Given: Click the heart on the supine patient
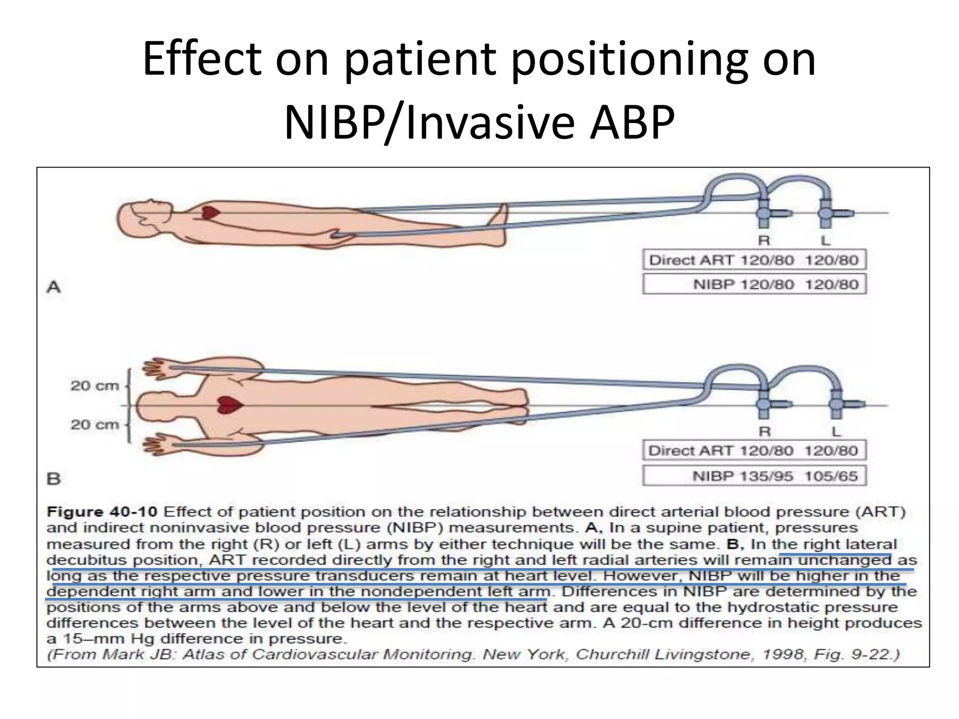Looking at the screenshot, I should click(210, 213).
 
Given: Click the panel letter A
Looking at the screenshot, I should click(54, 286).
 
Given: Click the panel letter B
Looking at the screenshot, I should click(54, 479).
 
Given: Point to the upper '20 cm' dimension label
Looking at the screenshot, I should click(95, 386).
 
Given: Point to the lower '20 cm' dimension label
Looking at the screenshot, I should click(95, 425).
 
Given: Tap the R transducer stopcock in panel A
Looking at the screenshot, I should click(763, 213).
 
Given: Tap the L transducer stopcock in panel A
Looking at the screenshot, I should click(825, 213).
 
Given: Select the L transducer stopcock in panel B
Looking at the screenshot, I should click(836, 404).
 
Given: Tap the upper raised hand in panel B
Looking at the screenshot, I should click(157, 368).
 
